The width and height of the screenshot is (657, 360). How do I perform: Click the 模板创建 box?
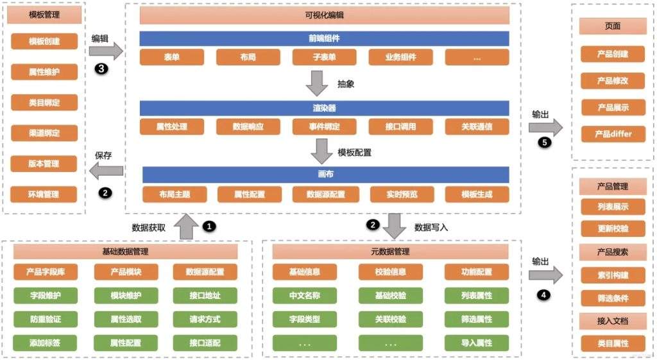44,41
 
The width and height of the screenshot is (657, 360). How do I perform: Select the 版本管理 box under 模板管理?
44,164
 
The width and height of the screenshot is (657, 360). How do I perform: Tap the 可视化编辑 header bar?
325,15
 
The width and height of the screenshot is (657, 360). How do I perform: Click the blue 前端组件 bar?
325,38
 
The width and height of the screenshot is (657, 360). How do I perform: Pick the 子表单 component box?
325,57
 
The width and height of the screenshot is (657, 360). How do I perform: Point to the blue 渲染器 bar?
325,107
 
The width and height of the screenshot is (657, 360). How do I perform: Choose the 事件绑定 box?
325,126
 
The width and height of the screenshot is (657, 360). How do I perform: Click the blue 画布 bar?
325,174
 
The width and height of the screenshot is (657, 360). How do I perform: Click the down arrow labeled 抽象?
317,83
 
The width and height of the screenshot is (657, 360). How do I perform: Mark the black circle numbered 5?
545,142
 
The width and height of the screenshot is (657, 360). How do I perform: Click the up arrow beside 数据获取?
187,227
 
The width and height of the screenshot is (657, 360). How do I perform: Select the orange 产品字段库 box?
44,271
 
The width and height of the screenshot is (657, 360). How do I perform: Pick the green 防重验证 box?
44,318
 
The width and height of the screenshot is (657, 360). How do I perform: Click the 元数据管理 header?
391,252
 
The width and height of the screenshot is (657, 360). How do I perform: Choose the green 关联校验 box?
391,318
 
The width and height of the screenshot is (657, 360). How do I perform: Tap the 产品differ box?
613,134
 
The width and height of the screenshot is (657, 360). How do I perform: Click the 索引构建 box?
613,275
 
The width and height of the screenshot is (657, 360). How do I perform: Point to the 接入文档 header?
613,320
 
